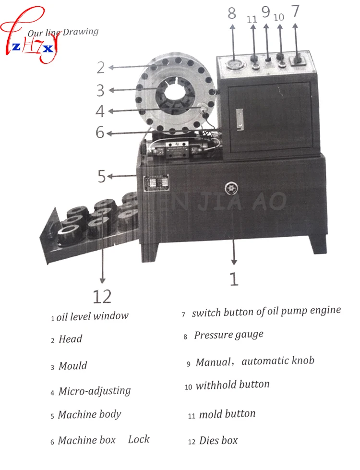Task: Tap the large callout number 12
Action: pos(101,296)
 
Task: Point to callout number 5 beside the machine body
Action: pos(101,176)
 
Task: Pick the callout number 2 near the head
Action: pos(100,67)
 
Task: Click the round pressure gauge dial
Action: pos(232,65)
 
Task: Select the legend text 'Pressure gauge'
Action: pos(228,335)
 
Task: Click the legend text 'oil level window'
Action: pos(93,316)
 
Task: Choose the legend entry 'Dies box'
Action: pos(218,440)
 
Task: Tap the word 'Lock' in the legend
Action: pos(139,439)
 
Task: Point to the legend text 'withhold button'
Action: pos(233,385)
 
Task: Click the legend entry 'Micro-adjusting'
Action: pos(95,391)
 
